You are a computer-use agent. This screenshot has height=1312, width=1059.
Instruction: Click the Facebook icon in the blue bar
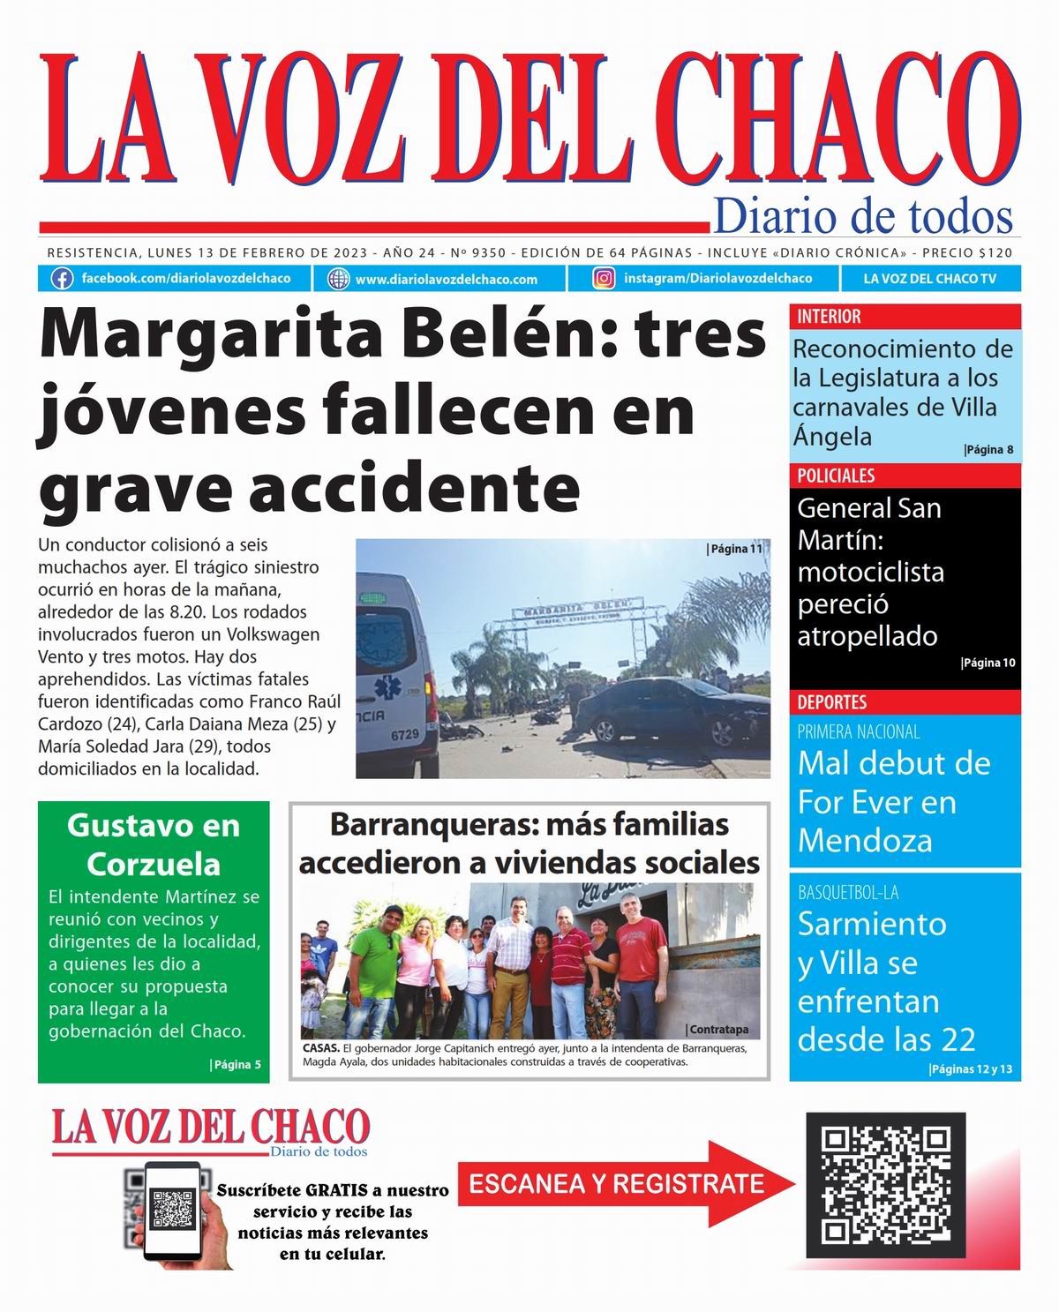pyautogui.click(x=62, y=279)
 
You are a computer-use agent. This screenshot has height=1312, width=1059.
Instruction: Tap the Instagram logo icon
pyautogui.click(x=605, y=279)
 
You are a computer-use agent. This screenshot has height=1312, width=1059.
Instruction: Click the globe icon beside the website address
pyautogui.click(x=339, y=279)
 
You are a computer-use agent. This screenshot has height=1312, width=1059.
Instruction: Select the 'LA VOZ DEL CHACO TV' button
pyautogui.click(x=930, y=279)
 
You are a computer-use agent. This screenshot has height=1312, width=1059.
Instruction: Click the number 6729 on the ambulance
pyautogui.click(x=404, y=734)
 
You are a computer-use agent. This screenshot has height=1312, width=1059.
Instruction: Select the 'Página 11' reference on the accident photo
pyautogui.click(x=734, y=549)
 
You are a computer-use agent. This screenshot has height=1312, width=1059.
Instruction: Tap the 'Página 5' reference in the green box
pyautogui.click(x=236, y=1064)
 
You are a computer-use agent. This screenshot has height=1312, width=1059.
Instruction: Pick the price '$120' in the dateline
pyautogui.click(x=995, y=252)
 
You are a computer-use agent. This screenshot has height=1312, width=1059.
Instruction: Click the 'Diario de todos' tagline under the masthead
pyautogui.click(x=862, y=217)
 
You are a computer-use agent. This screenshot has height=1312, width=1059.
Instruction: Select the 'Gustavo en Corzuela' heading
pyautogui.click(x=154, y=844)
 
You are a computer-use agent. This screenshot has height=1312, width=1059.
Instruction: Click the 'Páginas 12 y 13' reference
pyautogui.click(x=971, y=1069)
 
